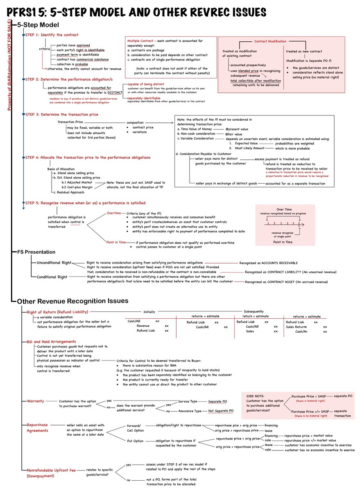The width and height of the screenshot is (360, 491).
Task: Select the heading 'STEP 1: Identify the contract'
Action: point(52,35)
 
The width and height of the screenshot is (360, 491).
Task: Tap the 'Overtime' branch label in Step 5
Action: point(114,213)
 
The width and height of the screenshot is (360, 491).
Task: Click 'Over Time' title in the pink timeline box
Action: point(284,209)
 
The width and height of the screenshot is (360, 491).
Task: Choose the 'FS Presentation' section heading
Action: point(36,252)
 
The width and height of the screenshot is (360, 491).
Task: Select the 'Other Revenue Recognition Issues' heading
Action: point(72,301)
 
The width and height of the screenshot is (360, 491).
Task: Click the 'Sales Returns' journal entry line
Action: point(298,327)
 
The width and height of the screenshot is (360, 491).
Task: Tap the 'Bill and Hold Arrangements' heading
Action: point(51,341)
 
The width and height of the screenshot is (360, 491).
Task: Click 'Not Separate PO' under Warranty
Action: point(221,410)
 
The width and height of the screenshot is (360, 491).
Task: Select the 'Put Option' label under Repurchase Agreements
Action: point(135,441)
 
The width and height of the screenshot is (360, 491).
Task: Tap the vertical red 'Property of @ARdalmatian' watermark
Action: point(9,65)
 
